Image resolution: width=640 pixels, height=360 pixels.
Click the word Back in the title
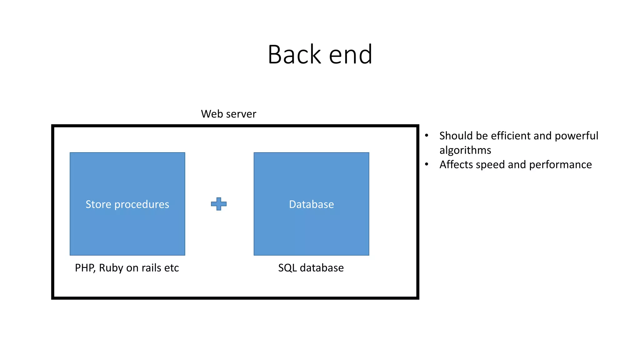[294, 55]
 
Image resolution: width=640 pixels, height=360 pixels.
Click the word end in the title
[351, 55]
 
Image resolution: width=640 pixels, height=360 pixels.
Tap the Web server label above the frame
[228, 114]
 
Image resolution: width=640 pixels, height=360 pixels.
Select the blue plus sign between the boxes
[219, 204]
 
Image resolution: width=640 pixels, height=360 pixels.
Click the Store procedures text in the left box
[127, 204]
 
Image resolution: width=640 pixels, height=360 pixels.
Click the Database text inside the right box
[311, 204]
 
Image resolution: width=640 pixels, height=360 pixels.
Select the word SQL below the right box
[287, 268]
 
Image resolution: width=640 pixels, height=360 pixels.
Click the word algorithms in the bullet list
[465, 150]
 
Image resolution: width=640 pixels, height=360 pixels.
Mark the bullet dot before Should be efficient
[427, 135]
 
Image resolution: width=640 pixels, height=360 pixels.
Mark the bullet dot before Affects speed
[427, 164]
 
